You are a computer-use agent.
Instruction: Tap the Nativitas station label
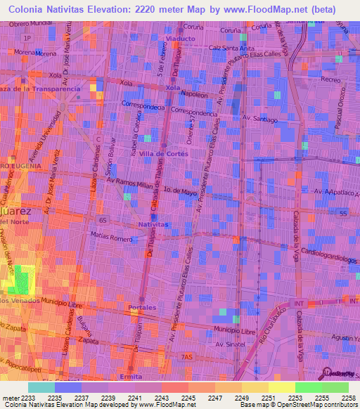pos(153,224)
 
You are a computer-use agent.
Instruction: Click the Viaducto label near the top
pos(179,38)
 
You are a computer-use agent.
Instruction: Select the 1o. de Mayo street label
pos(179,190)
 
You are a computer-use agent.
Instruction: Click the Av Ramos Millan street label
pos(129,181)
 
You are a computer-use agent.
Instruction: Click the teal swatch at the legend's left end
pos(41,387)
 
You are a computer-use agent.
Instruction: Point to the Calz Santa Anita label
pos(231,48)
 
